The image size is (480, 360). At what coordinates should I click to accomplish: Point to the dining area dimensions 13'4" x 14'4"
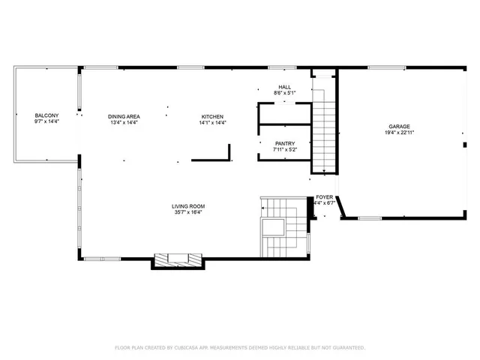(x=124, y=122)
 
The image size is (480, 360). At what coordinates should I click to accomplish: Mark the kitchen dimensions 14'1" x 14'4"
(x=212, y=122)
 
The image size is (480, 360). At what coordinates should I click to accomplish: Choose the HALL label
(x=284, y=87)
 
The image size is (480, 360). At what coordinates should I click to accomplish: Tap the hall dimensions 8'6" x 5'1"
(x=284, y=94)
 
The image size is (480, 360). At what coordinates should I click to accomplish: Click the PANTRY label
(x=284, y=143)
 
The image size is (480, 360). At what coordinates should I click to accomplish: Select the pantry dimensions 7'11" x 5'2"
(x=284, y=150)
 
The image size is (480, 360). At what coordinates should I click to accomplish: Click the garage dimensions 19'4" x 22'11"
(x=399, y=132)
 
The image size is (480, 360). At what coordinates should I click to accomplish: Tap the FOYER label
(x=324, y=196)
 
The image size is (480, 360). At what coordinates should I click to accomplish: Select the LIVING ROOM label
(x=188, y=205)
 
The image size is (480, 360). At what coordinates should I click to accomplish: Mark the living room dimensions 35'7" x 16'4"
(x=188, y=212)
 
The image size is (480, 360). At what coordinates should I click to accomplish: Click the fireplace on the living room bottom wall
(x=178, y=259)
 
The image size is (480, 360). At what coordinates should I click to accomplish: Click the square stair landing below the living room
(x=271, y=228)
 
